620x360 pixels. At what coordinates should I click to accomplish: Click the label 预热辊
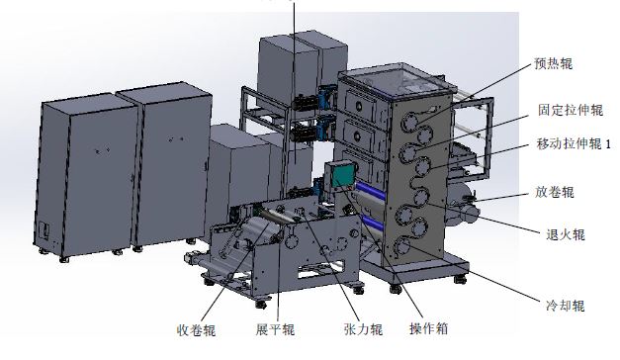(x=553, y=63)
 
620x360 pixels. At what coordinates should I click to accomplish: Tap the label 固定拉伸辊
(x=571, y=110)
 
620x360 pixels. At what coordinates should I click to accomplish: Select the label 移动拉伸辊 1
(x=574, y=143)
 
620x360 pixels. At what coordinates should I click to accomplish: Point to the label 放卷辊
(x=555, y=192)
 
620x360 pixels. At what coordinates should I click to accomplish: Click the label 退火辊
(x=565, y=234)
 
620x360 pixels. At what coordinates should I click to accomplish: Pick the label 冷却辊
(x=565, y=306)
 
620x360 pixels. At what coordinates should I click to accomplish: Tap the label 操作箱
(x=428, y=328)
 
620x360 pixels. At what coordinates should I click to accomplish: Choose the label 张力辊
(x=363, y=329)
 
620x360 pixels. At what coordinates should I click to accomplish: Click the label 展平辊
(x=275, y=329)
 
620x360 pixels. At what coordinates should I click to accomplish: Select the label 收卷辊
(x=196, y=330)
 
